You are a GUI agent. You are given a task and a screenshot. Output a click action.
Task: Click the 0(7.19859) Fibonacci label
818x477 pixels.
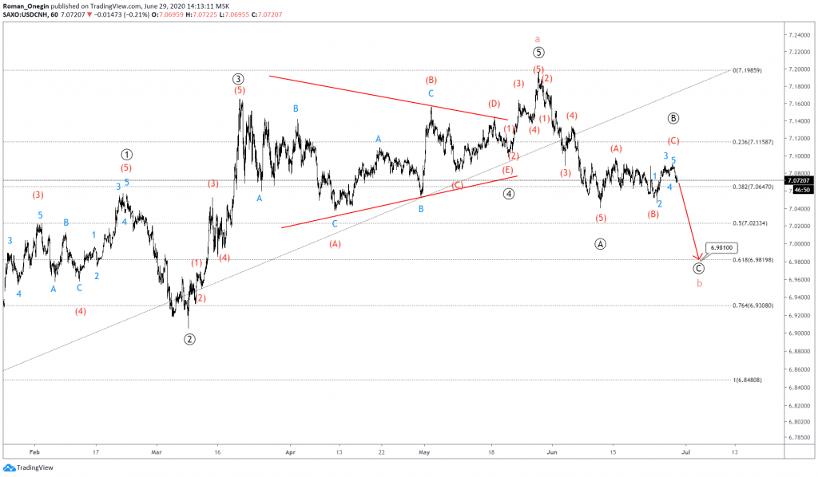[752, 70]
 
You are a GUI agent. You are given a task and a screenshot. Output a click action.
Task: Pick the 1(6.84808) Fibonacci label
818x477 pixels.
[749, 380]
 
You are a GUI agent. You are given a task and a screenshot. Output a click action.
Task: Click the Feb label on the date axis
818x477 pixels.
[34, 451]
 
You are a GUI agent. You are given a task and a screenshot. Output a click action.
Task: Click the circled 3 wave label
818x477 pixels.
[238, 78]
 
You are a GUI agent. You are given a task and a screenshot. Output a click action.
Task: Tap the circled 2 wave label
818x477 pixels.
[189, 339]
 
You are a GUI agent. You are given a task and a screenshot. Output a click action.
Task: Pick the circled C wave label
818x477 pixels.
[699, 269]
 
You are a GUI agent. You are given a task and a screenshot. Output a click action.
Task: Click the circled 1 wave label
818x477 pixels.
[126, 154]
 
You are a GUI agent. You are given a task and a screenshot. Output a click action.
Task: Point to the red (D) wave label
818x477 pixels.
[494, 104]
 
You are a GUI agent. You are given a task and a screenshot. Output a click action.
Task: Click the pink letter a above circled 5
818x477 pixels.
[538, 37]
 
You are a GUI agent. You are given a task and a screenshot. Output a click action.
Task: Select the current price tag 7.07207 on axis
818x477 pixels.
[800, 182]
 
